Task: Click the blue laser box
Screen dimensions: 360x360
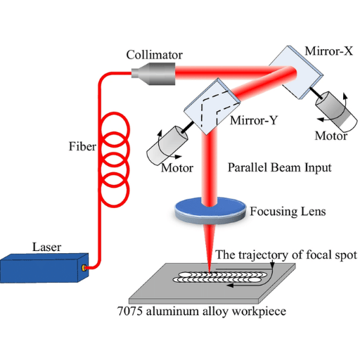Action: click(x=44, y=268)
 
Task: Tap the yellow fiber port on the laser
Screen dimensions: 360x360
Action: click(x=84, y=268)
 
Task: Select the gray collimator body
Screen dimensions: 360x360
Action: click(x=153, y=74)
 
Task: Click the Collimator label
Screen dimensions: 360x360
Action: click(x=154, y=55)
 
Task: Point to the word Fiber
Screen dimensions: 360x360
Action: click(x=82, y=146)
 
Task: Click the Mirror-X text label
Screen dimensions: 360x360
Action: click(x=328, y=51)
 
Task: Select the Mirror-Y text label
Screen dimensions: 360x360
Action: click(x=254, y=120)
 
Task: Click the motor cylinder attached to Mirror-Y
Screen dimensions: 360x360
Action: click(x=167, y=146)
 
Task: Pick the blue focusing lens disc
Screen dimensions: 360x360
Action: click(x=210, y=210)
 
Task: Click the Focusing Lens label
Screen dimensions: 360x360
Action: click(x=288, y=211)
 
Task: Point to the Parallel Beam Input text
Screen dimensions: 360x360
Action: click(x=280, y=167)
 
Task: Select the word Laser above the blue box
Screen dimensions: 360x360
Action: click(x=46, y=247)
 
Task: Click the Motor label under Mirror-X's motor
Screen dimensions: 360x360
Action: click(x=330, y=136)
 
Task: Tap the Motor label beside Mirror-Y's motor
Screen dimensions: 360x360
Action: click(x=177, y=168)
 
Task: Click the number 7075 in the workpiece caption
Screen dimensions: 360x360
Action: click(x=130, y=311)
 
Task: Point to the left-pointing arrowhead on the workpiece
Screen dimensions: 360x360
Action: click(x=231, y=285)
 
